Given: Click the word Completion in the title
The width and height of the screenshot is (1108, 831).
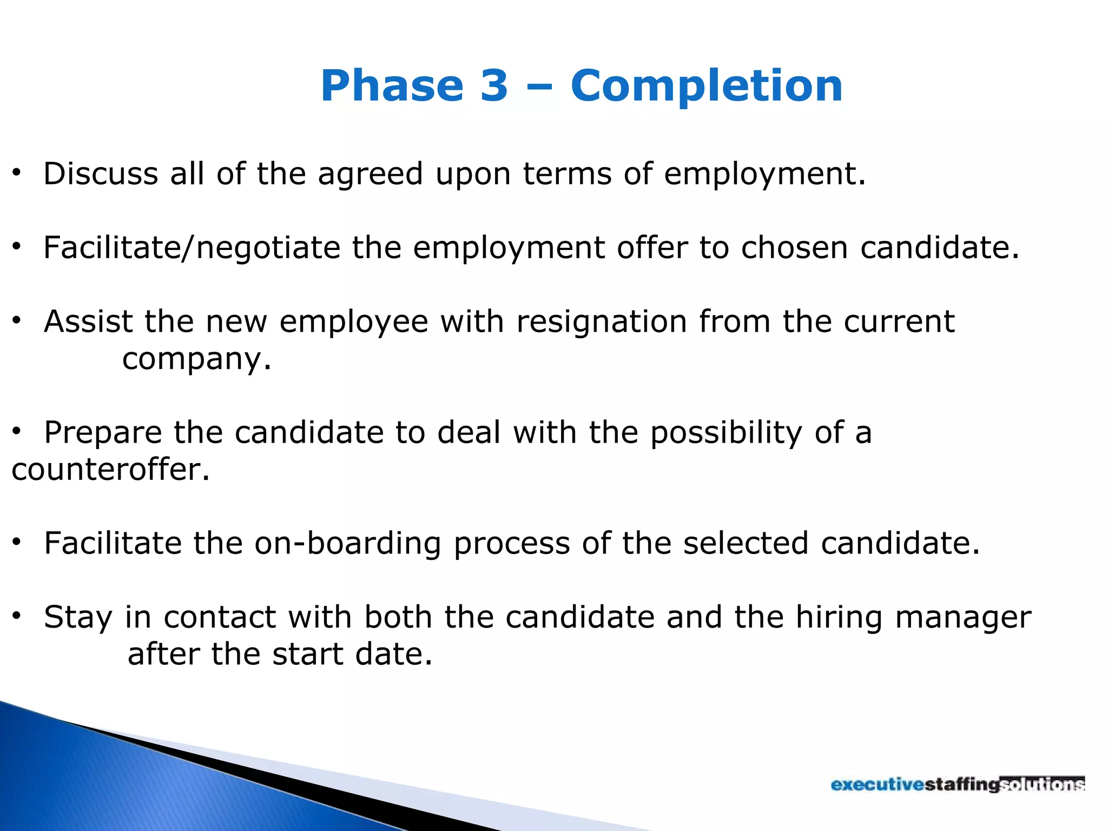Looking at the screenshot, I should [706, 86].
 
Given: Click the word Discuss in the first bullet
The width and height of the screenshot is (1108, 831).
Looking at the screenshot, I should [101, 174].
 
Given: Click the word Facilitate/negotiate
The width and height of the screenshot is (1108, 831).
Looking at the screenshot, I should [192, 248].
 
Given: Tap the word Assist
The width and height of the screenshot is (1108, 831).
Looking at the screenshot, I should [88, 322].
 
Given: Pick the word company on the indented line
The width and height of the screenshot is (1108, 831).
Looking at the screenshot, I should [196, 359].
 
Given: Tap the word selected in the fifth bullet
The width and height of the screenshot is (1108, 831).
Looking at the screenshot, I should [746, 543].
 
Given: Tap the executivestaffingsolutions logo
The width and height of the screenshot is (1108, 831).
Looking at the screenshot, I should [958, 784].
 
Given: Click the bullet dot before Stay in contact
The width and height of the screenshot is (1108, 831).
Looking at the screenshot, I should [17, 616].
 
